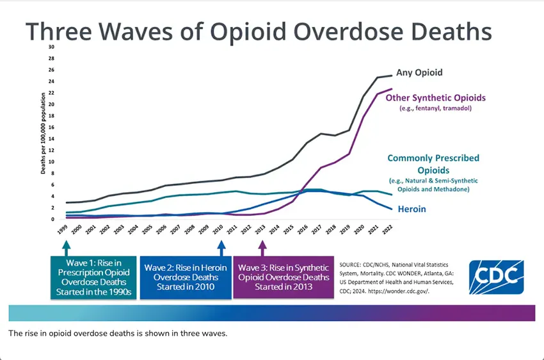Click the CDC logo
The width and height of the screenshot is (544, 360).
496,277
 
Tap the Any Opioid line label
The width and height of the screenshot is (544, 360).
419,72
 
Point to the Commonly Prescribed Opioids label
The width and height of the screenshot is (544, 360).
433,163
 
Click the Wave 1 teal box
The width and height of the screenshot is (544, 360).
93,277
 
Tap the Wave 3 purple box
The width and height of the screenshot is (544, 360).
283,277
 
